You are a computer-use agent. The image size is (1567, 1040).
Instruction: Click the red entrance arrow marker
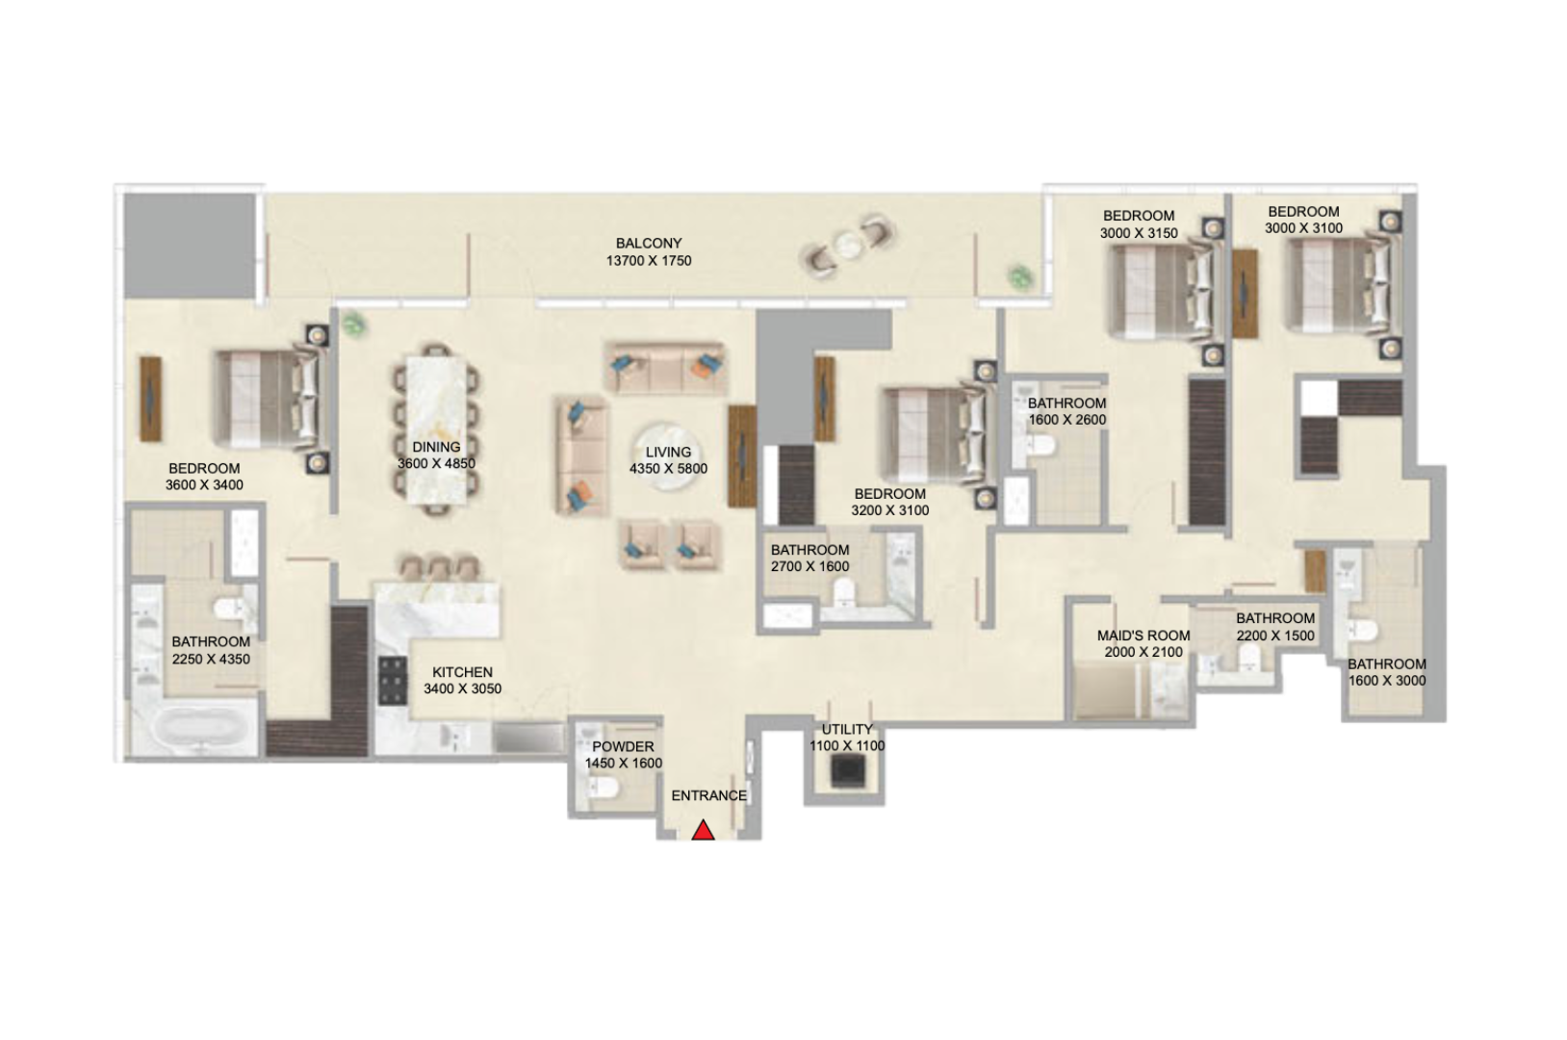coord(703,830)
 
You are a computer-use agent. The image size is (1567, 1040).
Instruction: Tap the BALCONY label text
coord(649,244)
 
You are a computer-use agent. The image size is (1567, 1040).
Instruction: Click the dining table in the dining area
coord(437,429)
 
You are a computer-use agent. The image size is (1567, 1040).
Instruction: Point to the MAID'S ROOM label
coord(1143,636)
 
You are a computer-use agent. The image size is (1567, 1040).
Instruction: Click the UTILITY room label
coord(846,729)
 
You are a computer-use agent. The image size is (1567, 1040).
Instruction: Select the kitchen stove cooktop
coord(393,680)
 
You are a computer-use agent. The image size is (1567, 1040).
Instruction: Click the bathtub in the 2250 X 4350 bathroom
coord(196,729)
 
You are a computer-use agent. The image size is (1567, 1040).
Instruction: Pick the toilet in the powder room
coord(604,789)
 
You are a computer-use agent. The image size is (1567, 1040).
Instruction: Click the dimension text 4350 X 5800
coord(668,469)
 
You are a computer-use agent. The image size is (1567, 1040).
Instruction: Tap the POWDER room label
coord(623,746)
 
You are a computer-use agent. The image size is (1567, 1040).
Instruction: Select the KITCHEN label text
coord(462,672)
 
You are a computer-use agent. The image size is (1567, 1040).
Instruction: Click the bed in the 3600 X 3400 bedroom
coord(270,399)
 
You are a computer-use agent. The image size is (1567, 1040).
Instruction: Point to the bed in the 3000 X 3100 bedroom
coord(1343,285)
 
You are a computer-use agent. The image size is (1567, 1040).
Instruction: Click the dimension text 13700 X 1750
coord(649,261)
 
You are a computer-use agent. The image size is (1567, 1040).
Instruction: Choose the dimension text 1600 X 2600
coord(1066,420)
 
